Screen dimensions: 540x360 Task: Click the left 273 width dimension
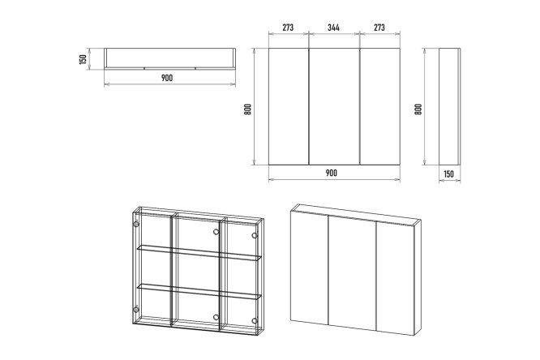coord(288,28)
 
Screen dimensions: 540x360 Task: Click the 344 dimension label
coord(333,28)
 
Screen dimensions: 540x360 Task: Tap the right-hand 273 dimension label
coord(379,28)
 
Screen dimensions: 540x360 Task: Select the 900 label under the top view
coord(167,78)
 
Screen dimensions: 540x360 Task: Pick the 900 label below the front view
coord(332,173)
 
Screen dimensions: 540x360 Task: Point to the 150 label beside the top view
coord(83,59)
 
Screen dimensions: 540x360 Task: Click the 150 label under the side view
coord(448,174)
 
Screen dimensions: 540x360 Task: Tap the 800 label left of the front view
coord(247,109)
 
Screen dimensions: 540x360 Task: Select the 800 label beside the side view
coord(418,109)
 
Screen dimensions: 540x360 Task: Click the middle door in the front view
coord(334,106)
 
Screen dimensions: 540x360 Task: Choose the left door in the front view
coord(289,106)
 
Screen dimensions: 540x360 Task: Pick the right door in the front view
coord(379,106)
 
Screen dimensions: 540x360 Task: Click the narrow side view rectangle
coord(449,106)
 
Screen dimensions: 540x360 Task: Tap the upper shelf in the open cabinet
coord(199,252)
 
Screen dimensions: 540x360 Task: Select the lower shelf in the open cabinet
coord(199,290)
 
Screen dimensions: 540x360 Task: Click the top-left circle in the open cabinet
coord(136,225)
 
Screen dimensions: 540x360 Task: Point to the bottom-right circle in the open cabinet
coord(255,321)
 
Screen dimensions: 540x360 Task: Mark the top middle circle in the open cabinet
coord(216,232)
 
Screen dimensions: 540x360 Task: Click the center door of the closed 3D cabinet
coord(352,273)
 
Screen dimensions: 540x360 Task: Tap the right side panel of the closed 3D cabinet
coord(417,276)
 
